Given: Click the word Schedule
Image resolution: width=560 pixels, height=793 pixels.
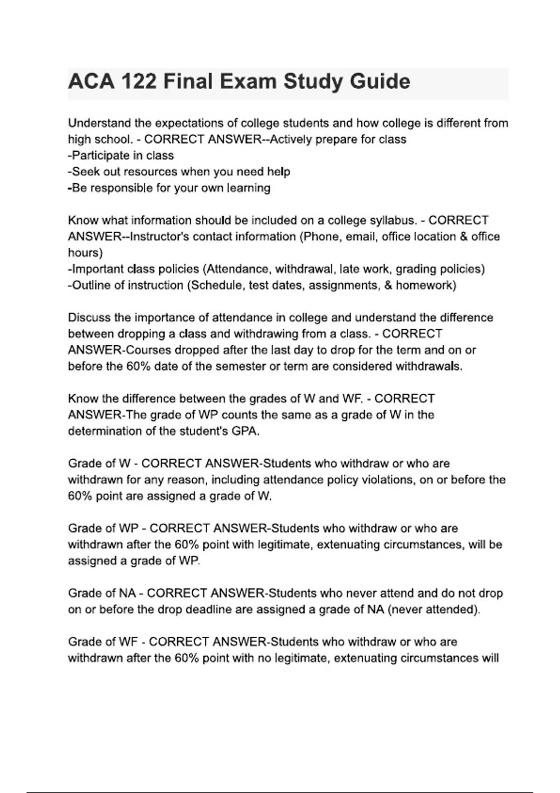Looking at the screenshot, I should [217, 285].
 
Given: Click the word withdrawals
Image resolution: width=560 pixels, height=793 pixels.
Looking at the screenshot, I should [428, 366].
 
